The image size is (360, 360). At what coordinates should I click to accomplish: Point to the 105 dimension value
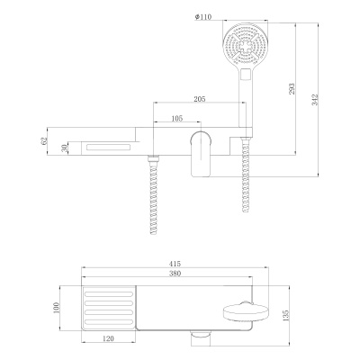coord(177,117)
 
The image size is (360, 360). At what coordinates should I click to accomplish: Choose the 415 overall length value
coord(175,264)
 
